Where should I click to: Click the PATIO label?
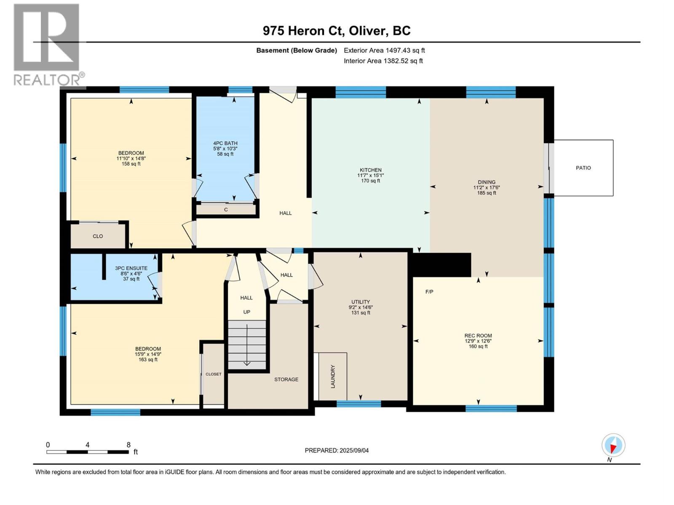(583, 168)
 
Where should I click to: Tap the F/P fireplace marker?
(429, 292)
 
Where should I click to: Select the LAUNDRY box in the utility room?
(333, 376)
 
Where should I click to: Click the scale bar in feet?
(88, 452)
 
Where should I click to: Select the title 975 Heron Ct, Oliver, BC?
(337, 31)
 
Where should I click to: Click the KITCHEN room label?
(370, 170)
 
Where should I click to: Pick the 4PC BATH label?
(225, 143)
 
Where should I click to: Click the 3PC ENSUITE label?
(131, 268)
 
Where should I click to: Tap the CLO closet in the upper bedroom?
(98, 236)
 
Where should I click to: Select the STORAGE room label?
(286, 379)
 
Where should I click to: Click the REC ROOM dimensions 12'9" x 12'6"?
(478, 341)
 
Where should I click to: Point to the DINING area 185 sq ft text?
(487, 193)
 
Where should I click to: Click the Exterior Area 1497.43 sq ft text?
(384, 50)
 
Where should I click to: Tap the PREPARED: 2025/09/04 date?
(337, 450)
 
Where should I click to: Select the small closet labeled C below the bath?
(226, 210)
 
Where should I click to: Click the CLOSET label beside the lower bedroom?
(213, 374)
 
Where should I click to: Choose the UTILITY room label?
(361, 302)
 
